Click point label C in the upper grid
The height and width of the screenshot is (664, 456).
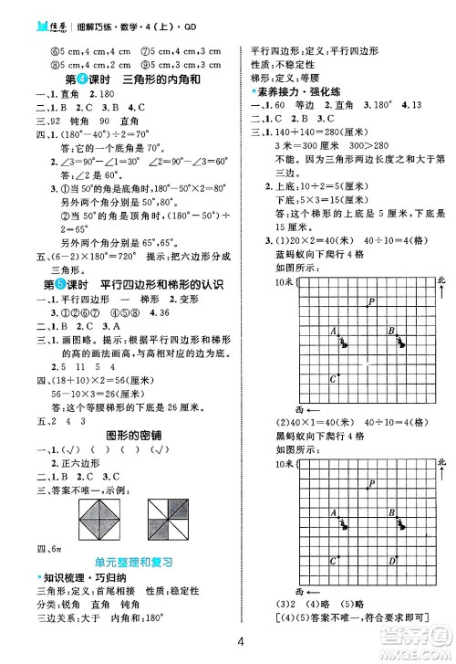(332, 376)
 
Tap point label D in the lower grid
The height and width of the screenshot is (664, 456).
(392, 560)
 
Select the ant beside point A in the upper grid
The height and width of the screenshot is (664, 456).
(343, 343)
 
